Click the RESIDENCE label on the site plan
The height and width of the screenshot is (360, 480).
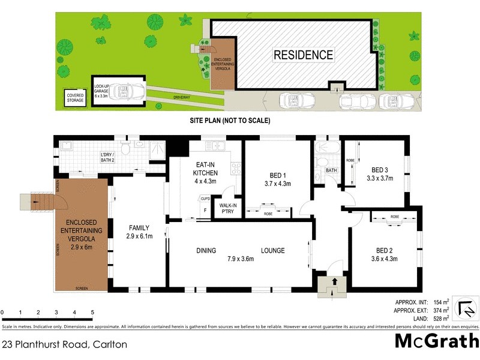point(303,55)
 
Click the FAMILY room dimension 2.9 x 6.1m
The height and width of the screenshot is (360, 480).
point(139,236)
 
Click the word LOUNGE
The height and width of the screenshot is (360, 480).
point(272,250)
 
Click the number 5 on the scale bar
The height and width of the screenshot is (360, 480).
point(92,313)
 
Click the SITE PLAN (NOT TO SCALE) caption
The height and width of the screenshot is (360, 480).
point(230,121)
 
